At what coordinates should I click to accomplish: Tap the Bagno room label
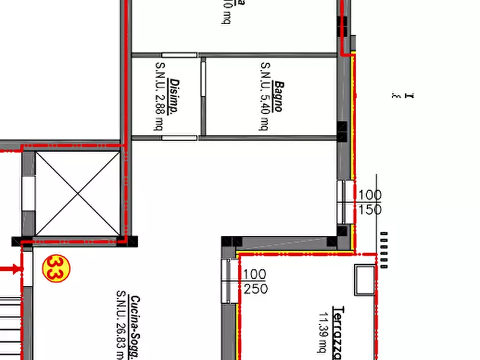[277, 97]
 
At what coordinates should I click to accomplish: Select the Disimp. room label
[174, 97]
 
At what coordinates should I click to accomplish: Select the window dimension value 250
[255, 289]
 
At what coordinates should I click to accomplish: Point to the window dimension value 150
[370, 210]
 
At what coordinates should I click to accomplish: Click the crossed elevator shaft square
[77, 194]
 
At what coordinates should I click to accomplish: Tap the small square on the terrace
[364, 279]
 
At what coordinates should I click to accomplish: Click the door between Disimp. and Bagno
[203, 78]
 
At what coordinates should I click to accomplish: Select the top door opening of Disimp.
[180, 55]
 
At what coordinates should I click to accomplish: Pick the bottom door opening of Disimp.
[180, 138]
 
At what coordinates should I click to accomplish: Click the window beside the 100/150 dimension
[346, 201]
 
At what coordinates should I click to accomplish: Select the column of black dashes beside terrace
[383, 250]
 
